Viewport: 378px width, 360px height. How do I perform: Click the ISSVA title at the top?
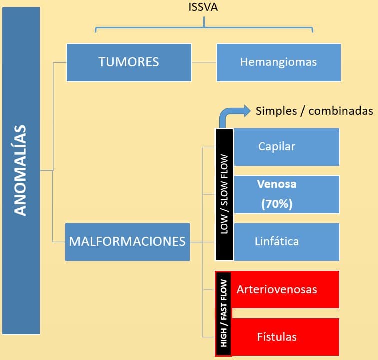[x=203, y=7]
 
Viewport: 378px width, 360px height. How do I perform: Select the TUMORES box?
[x=129, y=62]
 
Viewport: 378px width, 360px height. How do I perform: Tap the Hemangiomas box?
[x=279, y=62]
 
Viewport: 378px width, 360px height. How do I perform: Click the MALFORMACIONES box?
[x=127, y=242]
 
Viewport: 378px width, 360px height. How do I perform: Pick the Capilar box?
[x=287, y=147]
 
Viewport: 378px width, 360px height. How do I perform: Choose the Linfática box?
[x=287, y=242]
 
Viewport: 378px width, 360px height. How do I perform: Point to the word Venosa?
[x=277, y=184]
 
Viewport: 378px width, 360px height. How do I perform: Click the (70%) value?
[x=277, y=204]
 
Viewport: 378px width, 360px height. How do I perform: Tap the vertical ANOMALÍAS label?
[x=20, y=170]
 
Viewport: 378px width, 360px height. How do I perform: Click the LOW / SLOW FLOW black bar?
[x=224, y=194]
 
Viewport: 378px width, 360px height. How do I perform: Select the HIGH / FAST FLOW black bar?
[x=223, y=313]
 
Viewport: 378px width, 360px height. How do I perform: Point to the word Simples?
[x=276, y=111]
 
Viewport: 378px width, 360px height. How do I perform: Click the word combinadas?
[x=341, y=111]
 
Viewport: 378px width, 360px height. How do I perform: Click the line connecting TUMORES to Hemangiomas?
[x=204, y=62]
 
